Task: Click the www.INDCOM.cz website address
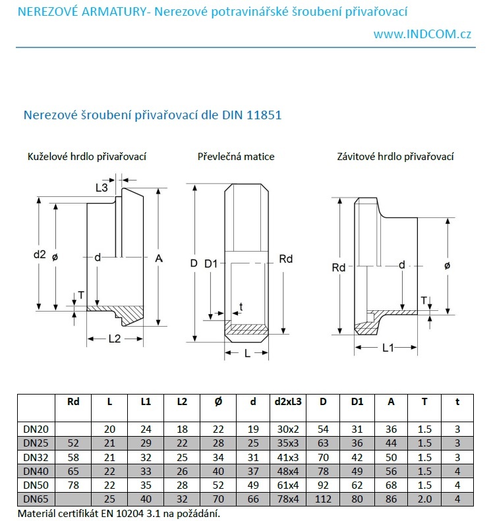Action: click(x=422, y=34)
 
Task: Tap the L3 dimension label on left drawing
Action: click(x=101, y=188)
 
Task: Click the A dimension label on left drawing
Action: click(x=159, y=259)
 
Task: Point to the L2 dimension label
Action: click(x=114, y=338)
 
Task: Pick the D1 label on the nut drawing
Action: click(x=210, y=263)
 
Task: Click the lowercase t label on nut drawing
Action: click(x=241, y=306)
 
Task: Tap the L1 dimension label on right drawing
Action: click(x=388, y=347)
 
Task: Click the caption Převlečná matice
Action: click(x=236, y=157)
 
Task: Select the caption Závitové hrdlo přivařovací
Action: click(x=395, y=157)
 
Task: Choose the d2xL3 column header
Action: click(x=287, y=401)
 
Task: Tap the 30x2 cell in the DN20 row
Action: click(x=287, y=429)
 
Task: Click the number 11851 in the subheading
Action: click(x=265, y=115)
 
